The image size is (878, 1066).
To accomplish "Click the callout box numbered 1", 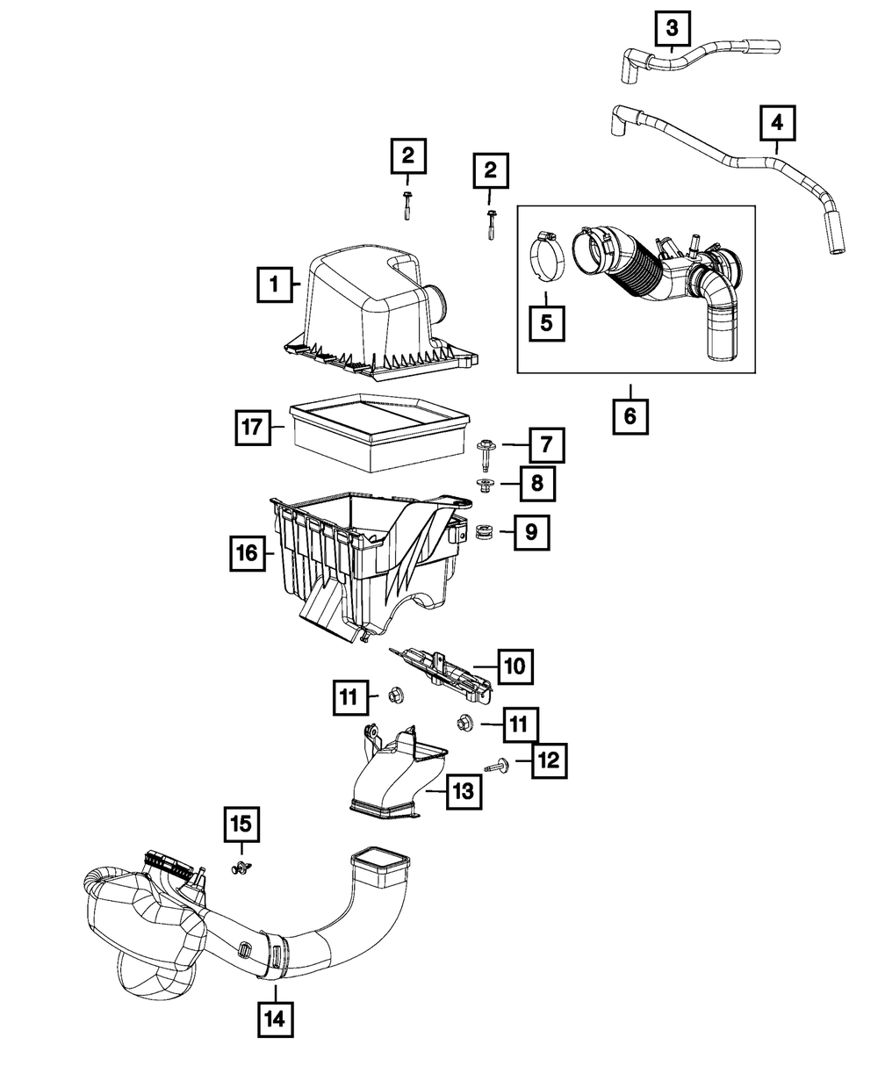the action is [275, 285].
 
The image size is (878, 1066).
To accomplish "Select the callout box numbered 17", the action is [253, 427].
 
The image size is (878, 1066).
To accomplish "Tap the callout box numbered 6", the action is [630, 416].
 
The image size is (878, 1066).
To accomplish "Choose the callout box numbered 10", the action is [515, 666].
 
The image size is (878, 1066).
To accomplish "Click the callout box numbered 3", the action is [673, 28].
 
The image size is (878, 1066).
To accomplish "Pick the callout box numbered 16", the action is [248, 553].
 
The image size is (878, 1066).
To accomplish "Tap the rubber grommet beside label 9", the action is [483, 532].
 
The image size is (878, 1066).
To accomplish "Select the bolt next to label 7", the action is [483, 453].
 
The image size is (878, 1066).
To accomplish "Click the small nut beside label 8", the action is [484, 485].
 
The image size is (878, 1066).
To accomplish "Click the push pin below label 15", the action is [241, 868].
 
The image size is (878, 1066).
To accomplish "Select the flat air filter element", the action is [379, 432].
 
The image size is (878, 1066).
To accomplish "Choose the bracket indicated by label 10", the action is [442, 676].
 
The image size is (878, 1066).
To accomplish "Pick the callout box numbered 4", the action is [777, 123].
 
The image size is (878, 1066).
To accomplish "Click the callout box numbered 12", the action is [550, 760].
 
